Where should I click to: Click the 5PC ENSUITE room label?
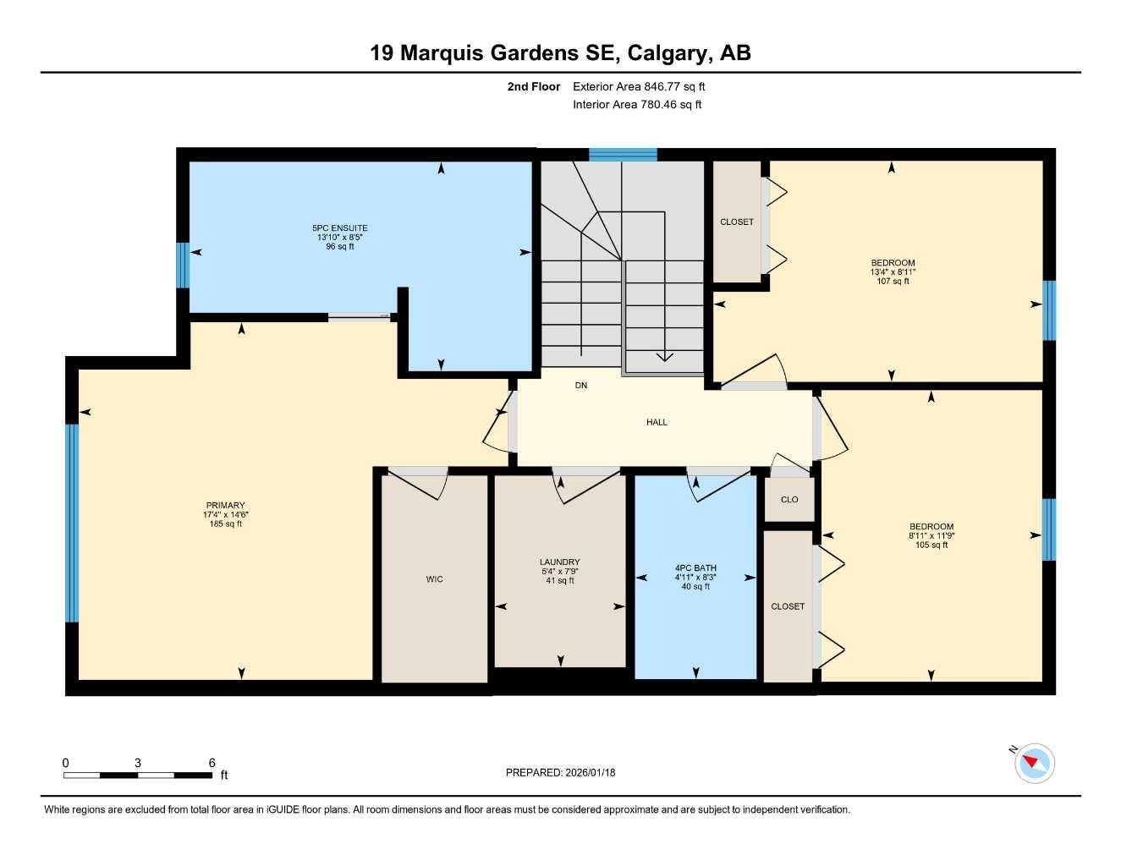click(x=339, y=227)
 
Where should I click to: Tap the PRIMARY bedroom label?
click(x=225, y=505)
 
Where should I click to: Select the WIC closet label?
click(x=434, y=579)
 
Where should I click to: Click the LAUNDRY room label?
click(x=559, y=562)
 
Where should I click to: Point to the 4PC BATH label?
click(x=695, y=568)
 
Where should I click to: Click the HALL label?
click(x=657, y=422)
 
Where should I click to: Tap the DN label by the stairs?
click(x=580, y=386)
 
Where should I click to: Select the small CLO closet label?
click(x=789, y=500)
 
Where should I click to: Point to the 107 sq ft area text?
click(x=893, y=282)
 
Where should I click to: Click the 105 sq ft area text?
click(x=931, y=545)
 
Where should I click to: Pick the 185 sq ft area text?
click(x=225, y=524)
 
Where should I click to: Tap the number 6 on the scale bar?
click(x=212, y=763)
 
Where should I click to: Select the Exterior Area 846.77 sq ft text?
click(x=639, y=86)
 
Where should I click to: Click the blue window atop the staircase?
click(x=623, y=154)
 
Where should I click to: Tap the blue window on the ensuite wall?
click(x=182, y=265)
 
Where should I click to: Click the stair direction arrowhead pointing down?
click(x=664, y=357)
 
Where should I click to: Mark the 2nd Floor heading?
click(x=533, y=86)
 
